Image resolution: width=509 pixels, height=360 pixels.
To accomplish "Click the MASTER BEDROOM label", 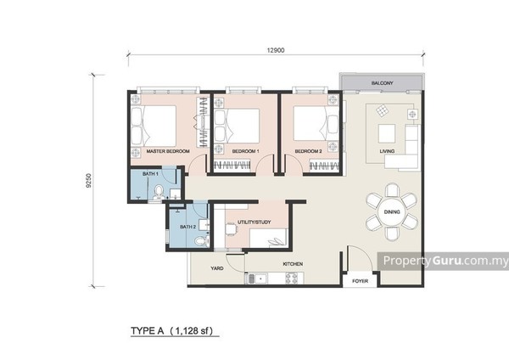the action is [168, 151].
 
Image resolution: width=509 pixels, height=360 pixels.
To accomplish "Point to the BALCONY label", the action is [382, 83].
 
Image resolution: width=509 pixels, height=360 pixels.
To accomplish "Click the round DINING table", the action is [392, 212].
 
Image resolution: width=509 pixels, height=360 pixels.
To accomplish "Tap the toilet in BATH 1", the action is [159, 192].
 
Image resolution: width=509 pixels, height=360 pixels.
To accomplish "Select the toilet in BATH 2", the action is [200, 241].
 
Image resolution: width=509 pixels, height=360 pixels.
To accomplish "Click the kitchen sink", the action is [257, 278].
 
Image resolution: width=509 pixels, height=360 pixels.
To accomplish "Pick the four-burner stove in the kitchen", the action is [291, 278].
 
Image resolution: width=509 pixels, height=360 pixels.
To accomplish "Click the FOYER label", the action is [360, 281].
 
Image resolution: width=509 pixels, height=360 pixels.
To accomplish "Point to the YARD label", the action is [217, 268].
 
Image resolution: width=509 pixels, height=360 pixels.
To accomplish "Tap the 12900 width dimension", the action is [276, 50].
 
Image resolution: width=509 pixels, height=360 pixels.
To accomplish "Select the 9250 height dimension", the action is [88, 181].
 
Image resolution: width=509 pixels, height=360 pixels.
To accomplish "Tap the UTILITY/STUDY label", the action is [255, 222].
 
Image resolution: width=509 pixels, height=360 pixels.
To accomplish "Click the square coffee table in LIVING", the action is [387, 133].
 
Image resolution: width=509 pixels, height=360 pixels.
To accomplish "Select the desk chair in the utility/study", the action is [231, 229].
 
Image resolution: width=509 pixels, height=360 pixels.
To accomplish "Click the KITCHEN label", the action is [293, 264].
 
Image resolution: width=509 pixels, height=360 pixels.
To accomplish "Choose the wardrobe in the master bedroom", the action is [202, 122].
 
